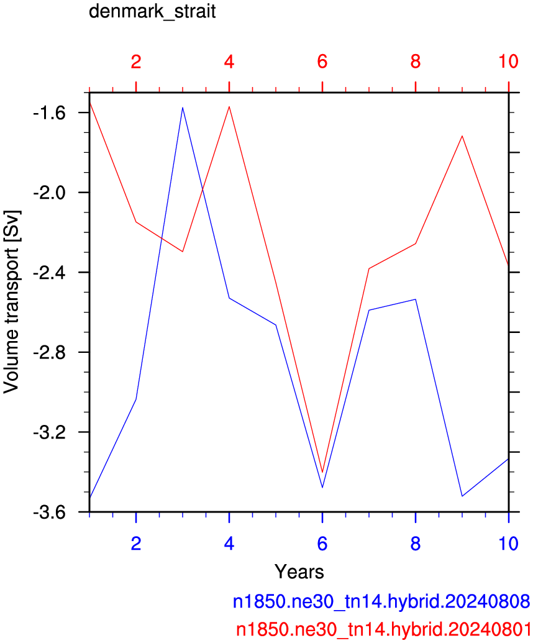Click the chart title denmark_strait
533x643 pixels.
(x=152, y=11)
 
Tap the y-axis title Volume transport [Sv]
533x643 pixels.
(x=11, y=302)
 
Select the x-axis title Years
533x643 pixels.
(x=299, y=572)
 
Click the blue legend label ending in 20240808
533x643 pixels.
(x=381, y=601)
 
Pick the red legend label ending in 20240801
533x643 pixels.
(x=383, y=629)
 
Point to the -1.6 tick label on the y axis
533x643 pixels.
(x=49, y=113)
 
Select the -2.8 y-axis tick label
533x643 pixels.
(x=49, y=352)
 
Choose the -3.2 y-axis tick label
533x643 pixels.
(x=49, y=432)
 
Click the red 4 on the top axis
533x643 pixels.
(x=229, y=62)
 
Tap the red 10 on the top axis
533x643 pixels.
(x=508, y=62)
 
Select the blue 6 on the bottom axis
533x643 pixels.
(x=322, y=544)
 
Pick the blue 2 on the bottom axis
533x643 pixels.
(x=135, y=544)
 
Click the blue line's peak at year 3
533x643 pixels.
(x=183, y=107)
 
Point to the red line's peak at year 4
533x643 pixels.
(x=229, y=107)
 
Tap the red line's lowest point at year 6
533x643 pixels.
(x=322, y=472)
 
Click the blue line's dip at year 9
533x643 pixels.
(x=462, y=496)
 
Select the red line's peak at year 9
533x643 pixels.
(x=462, y=135)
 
